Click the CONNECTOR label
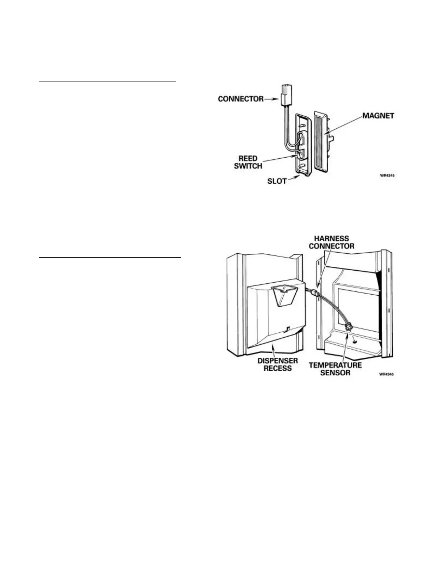(241, 99)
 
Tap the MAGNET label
(378, 116)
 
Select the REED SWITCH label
(248, 162)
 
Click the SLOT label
(277, 181)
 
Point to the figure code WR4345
(387, 176)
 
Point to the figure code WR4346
(387, 375)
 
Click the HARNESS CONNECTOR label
(332, 242)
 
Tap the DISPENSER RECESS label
(278, 365)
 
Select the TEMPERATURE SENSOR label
(335, 368)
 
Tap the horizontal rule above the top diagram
(107, 82)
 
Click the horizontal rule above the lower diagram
(110, 258)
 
